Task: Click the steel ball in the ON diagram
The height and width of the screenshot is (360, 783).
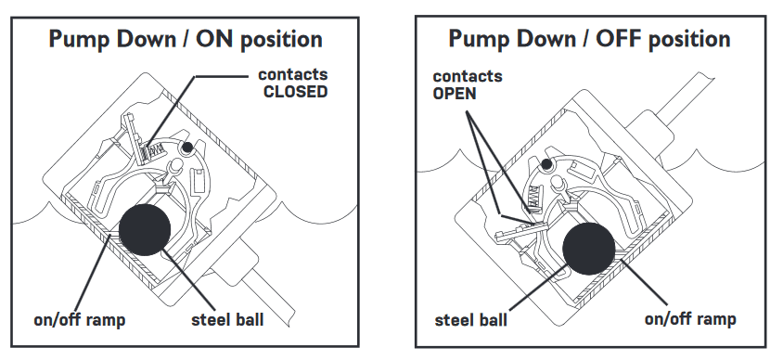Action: coord(145,229)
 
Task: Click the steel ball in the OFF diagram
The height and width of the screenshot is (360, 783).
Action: coord(589,249)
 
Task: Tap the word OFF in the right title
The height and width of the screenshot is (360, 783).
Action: coord(619,38)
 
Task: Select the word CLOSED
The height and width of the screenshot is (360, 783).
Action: coord(296,92)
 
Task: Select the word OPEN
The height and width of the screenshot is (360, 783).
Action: coord(455,94)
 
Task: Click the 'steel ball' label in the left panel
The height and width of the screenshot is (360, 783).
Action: coord(227,319)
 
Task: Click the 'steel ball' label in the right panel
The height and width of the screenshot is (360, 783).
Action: coord(471,319)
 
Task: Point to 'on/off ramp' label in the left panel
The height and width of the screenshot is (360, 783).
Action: coord(80,319)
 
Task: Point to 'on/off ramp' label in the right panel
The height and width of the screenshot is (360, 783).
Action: coord(690,318)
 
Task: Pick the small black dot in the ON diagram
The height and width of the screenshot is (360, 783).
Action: coord(187,147)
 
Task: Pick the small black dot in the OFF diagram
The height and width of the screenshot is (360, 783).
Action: coord(546,163)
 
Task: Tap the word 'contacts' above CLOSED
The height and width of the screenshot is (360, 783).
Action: coord(292,75)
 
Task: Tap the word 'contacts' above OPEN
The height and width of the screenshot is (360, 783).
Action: coord(468,76)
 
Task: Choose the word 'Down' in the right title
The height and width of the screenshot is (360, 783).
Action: coord(546,38)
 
